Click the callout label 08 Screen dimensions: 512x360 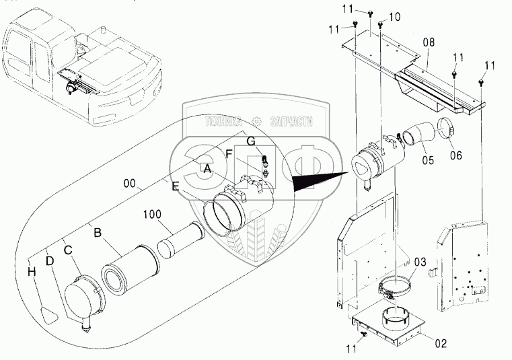[429, 43]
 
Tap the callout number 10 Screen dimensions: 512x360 [394, 17]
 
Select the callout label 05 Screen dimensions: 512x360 [428, 159]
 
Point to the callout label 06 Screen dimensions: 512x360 [455, 155]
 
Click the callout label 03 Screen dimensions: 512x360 [420, 262]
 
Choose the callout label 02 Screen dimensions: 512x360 [440, 343]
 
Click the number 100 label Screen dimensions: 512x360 [152, 214]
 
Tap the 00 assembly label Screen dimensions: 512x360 [130, 184]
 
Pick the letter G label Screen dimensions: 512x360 [251, 141]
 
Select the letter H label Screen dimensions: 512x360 [32, 271]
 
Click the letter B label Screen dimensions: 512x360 [98, 233]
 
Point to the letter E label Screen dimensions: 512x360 [176, 187]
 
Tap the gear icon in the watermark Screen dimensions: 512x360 [257, 122]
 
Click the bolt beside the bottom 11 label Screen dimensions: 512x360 [364, 334]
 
